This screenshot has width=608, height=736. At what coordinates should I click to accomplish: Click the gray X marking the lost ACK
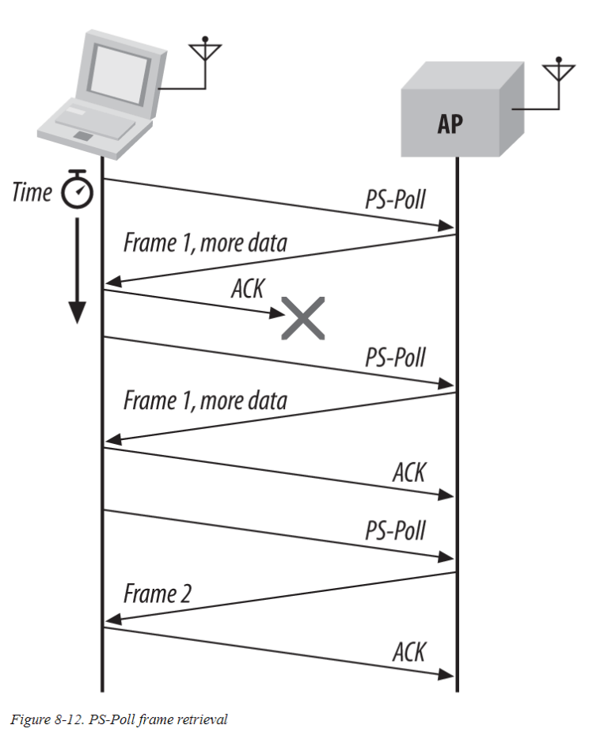coord(302,319)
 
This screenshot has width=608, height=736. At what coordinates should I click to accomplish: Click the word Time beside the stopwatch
coord(32,192)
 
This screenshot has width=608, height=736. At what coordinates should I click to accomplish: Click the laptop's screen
coord(117,66)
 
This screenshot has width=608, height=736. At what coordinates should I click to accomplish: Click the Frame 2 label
coord(158,594)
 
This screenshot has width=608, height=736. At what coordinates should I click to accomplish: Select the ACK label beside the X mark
coord(247,287)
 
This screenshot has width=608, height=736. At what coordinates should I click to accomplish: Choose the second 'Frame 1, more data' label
coord(204,400)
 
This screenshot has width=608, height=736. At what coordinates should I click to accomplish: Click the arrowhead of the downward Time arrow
coord(76,313)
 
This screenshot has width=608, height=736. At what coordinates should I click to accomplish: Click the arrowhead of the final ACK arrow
coord(446,675)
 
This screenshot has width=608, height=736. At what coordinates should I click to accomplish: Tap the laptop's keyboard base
coord(95,127)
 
